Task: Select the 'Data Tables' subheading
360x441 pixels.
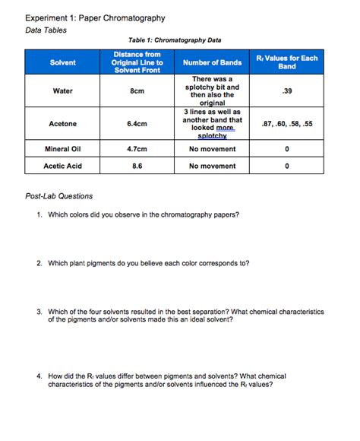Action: (46, 30)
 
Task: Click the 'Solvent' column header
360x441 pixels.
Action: (63, 62)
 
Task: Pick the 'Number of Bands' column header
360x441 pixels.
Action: (212, 62)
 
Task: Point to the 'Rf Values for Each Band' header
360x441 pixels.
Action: (286, 62)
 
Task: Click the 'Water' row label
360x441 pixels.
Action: (63, 91)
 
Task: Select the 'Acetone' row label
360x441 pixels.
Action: (63, 124)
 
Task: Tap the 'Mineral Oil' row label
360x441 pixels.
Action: (63, 149)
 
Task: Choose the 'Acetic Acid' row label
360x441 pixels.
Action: (63, 166)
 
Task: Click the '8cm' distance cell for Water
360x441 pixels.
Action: (137, 91)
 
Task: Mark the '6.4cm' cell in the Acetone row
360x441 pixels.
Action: (137, 124)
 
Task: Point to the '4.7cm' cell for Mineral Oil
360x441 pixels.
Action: (137, 149)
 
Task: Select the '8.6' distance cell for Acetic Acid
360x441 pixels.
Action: (137, 166)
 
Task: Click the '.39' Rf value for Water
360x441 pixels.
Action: (286, 91)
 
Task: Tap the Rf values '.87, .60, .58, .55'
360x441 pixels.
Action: (286, 124)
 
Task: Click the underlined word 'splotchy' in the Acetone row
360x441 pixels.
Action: (212, 135)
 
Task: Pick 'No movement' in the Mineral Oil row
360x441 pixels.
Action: (212, 149)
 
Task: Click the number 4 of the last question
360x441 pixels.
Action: (38, 376)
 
